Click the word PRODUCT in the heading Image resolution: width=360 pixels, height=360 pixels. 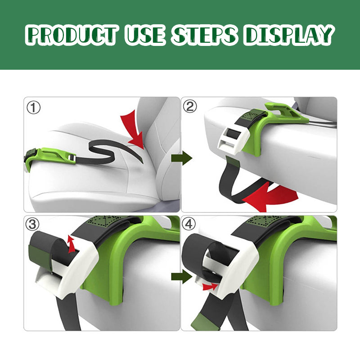73,35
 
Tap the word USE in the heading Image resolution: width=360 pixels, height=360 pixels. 146,35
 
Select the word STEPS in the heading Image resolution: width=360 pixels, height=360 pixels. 204,35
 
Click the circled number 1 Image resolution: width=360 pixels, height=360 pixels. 33,108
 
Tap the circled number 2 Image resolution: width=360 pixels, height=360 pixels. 190,106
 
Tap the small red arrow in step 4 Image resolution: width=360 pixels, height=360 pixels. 210,286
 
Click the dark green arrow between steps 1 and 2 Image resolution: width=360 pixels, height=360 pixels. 181,158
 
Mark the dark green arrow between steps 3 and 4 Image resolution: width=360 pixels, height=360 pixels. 181,276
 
